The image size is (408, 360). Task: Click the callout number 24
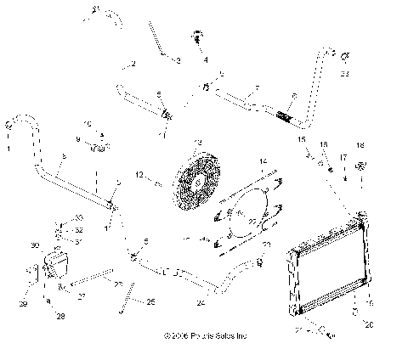(201, 302)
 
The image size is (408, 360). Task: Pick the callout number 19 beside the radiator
(368, 302)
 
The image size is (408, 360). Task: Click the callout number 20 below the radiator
(369, 323)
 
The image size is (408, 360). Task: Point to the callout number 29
(23, 303)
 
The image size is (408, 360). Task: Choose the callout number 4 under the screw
(204, 59)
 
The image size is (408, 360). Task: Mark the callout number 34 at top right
(344, 75)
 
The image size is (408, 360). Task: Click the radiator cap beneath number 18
(360, 166)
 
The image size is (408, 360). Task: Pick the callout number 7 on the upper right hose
(255, 87)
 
